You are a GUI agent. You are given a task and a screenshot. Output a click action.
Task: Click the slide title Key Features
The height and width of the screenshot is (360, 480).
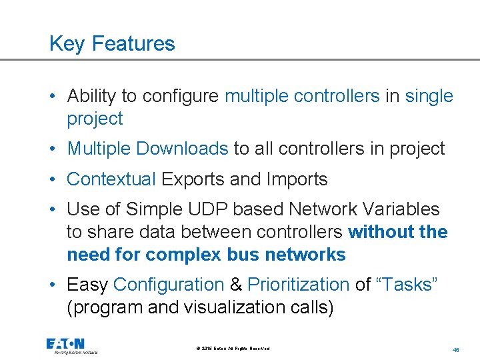pyautogui.click(x=112, y=44)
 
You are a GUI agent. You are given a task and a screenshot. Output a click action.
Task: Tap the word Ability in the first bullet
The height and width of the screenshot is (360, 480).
pyautogui.click(x=89, y=96)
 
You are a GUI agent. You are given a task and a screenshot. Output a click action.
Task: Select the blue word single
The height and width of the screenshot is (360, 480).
pyautogui.click(x=429, y=96)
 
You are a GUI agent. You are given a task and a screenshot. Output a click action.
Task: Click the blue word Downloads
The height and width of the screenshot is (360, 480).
pyautogui.click(x=182, y=149)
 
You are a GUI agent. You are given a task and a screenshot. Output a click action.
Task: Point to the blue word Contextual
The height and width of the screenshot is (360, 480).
pyautogui.click(x=111, y=179)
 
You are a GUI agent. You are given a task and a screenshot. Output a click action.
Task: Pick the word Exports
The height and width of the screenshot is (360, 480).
pyautogui.click(x=195, y=179)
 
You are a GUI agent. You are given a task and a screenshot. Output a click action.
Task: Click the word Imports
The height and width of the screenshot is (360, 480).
pyautogui.click(x=297, y=179)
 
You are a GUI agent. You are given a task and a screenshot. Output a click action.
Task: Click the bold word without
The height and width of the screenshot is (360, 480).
pyautogui.click(x=380, y=232)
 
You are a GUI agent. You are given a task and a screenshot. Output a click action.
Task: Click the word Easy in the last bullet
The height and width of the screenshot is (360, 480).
pyautogui.click(x=87, y=285)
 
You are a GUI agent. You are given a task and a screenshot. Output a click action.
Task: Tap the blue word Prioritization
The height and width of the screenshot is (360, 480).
pyautogui.click(x=298, y=285)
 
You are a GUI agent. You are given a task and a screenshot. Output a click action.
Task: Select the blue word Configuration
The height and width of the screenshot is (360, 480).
pyautogui.click(x=169, y=285)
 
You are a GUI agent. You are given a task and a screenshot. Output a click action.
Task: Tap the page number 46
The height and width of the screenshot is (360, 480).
pyautogui.click(x=456, y=349)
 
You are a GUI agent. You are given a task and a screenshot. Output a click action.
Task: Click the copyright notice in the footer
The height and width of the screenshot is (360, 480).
pyautogui.click(x=233, y=349)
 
